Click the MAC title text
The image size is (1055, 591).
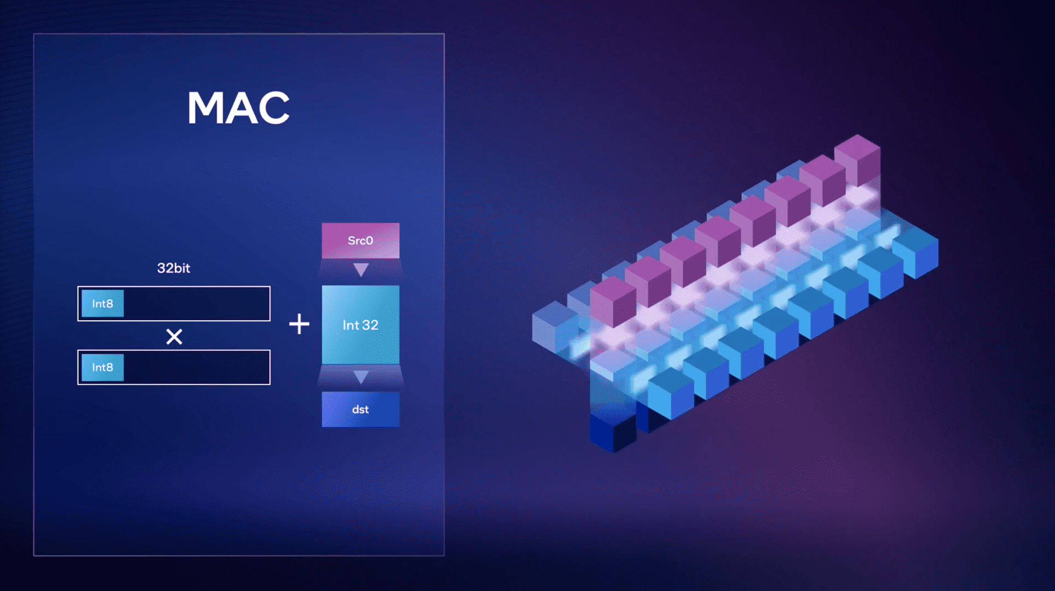pyautogui.click(x=238, y=108)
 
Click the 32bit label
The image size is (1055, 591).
pyautogui.click(x=174, y=268)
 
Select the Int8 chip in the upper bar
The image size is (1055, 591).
pyautogui.click(x=103, y=304)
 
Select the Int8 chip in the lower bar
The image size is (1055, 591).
pyautogui.click(x=103, y=367)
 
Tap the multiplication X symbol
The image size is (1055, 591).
pyautogui.click(x=174, y=336)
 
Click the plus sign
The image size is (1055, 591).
pyautogui.click(x=299, y=324)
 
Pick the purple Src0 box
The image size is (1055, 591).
pyautogui.click(x=360, y=241)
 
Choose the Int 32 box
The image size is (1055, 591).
pyautogui.click(x=360, y=325)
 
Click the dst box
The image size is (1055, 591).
pyautogui.click(x=360, y=409)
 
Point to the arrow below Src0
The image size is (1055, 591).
pyautogui.click(x=361, y=269)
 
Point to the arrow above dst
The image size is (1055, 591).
pyautogui.click(x=361, y=377)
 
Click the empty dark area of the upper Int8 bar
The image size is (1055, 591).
pyautogui.click(x=197, y=304)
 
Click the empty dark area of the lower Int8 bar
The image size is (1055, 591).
pyautogui.click(x=197, y=367)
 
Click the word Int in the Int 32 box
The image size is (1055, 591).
pyautogui.click(x=351, y=325)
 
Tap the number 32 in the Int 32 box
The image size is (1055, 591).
pyautogui.click(x=370, y=325)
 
